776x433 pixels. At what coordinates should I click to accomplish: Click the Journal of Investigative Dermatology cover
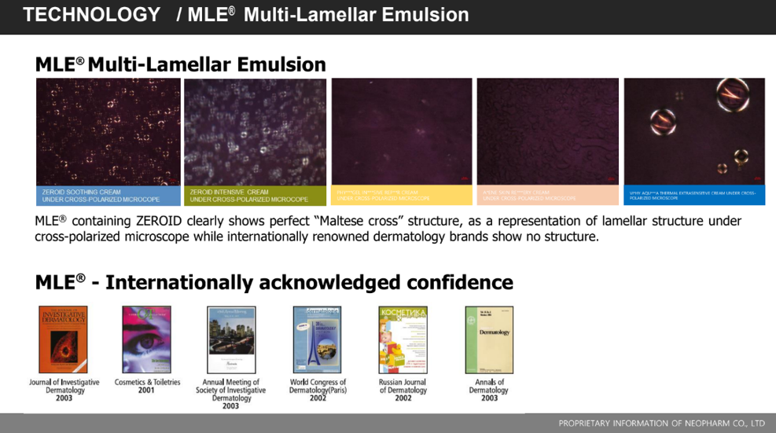pyautogui.click(x=63, y=339)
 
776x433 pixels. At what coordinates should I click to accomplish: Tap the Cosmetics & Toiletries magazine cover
pyautogui.click(x=146, y=339)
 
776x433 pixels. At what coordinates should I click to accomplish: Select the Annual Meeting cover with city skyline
pyautogui.click(x=230, y=339)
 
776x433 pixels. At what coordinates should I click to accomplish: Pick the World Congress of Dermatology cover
pyautogui.click(x=317, y=339)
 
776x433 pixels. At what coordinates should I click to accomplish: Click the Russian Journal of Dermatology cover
pyautogui.click(x=403, y=339)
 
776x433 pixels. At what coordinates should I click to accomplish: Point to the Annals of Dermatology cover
pyautogui.click(x=488, y=339)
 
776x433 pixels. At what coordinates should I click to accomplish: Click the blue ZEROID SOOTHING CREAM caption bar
pyautogui.click(x=108, y=196)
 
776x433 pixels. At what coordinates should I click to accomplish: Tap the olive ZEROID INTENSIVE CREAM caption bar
pyautogui.click(x=255, y=196)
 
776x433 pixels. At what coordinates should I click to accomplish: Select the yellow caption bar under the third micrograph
pyautogui.click(x=401, y=195)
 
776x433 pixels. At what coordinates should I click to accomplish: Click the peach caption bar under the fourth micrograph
pyautogui.click(x=547, y=195)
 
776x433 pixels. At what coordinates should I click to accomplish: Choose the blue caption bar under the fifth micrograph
pyautogui.click(x=693, y=195)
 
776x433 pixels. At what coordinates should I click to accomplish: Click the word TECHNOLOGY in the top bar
pyautogui.click(x=91, y=15)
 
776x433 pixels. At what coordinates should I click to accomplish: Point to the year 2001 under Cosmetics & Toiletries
pyautogui.click(x=146, y=391)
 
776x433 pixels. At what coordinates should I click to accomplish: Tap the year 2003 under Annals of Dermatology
pyautogui.click(x=488, y=398)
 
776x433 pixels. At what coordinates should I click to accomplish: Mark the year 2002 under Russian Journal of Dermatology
pyautogui.click(x=403, y=398)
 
